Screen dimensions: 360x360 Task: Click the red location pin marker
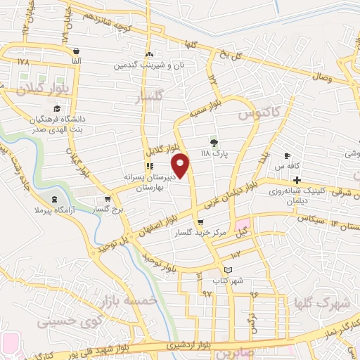(181, 165)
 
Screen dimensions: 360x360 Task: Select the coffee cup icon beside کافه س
(287, 155)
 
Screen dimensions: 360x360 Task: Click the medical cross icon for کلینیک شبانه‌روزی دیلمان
(297, 181)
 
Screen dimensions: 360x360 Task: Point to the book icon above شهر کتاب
(227, 270)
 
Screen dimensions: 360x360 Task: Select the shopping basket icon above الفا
(75, 51)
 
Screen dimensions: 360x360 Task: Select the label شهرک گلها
(304, 303)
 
